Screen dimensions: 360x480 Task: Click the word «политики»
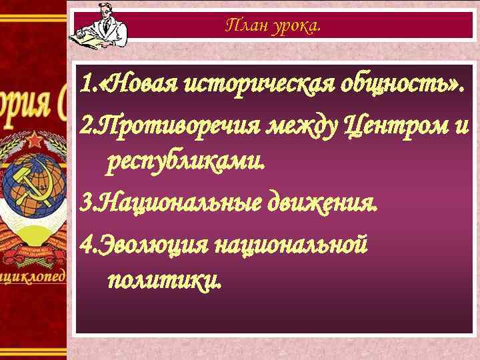pos(161,281)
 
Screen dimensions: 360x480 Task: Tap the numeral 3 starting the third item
pos(83,202)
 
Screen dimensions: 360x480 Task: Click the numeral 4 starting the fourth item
pos(83,243)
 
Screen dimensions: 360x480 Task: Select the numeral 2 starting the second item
pos(83,125)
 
